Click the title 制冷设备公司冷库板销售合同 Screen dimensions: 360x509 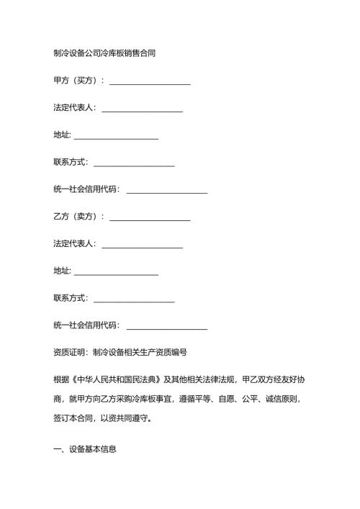pyautogui.click(x=105, y=53)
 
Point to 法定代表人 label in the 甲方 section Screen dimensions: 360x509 pyautogui.click(x=73, y=108)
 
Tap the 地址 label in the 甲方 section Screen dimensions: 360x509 pyautogui.click(x=61, y=135)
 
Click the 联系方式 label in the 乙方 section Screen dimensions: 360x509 pyautogui.click(x=69, y=298)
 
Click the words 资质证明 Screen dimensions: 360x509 pyautogui.click(x=69, y=353)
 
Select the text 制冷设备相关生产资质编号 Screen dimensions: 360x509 pyautogui.click(x=140, y=353)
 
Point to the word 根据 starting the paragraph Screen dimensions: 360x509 pyautogui.click(x=61, y=379)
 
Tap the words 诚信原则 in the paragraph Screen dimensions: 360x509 pyautogui.click(x=284, y=398)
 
